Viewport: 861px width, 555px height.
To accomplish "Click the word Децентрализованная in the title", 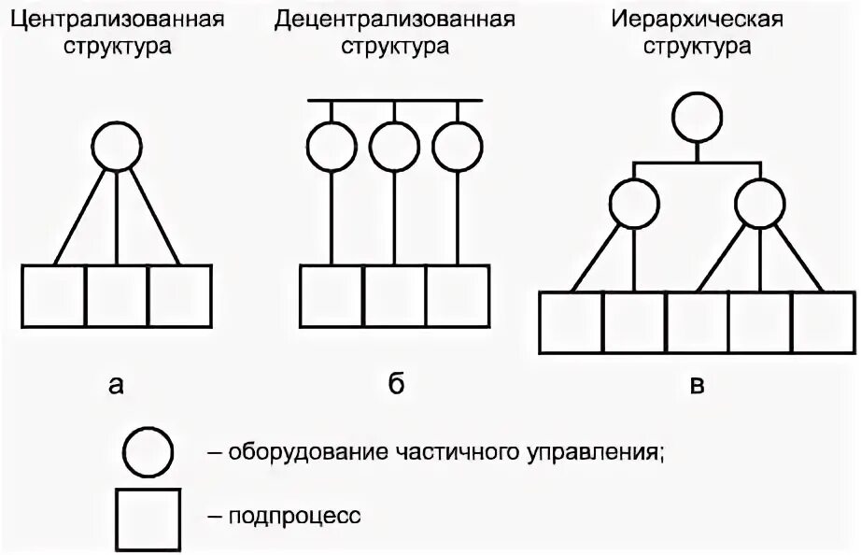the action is (394, 20).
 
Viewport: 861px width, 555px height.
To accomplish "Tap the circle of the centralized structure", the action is (117, 148).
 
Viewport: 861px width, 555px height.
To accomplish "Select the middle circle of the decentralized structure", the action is (394, 148).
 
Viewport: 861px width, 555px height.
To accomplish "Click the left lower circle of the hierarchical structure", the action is (635, 203).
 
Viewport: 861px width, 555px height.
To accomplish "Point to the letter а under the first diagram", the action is (116, 384).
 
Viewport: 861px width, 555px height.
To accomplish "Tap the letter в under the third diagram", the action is (697, 384).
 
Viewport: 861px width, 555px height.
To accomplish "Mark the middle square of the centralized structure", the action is (117, 295).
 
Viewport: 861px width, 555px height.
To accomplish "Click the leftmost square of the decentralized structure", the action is (332, 295).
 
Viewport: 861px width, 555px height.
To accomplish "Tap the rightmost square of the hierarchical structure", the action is (824, 323).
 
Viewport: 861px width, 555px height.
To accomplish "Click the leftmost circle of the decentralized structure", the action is (332, 148).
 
